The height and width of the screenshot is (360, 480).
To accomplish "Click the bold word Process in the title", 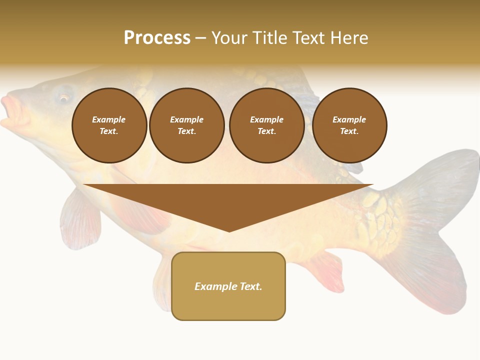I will click(157, 38).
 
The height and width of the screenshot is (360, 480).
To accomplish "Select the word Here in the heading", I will click(349, 38).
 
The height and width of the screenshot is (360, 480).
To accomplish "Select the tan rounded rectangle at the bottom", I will click(228, 305).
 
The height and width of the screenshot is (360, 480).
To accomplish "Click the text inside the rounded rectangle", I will click(228, 286).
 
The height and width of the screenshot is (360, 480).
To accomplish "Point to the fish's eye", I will click(64, 97).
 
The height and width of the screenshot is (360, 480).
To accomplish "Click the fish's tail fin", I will click(440, 225).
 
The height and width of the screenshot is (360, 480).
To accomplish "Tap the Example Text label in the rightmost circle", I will click(349, 125).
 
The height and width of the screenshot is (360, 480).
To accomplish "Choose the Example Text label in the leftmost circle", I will click(109, 125).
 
